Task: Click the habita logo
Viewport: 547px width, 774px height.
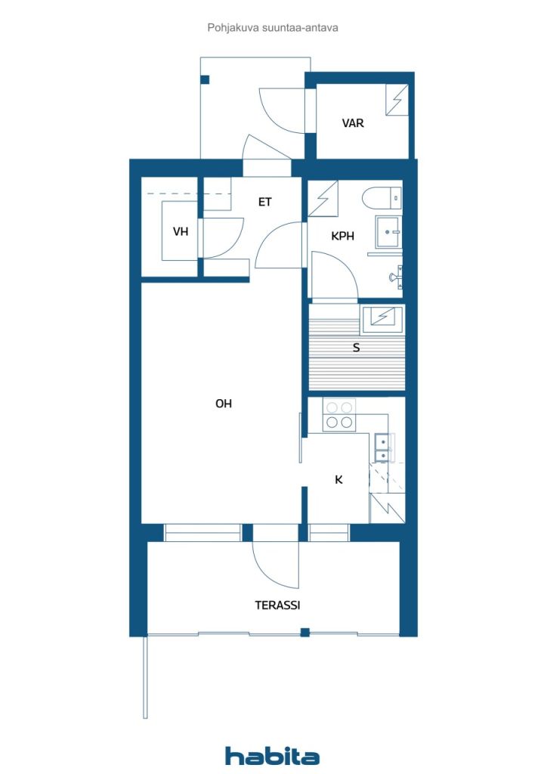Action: tap(272, 756)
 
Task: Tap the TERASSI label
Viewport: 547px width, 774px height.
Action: tap(277, 605)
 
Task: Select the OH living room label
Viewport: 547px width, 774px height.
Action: tap(224, 404)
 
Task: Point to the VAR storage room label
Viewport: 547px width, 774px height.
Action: tap(353, 123)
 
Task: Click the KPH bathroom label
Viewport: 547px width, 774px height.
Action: tap(343, 236)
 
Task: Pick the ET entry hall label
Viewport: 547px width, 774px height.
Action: tap(265, 202)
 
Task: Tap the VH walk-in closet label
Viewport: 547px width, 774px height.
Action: tap(181, 231)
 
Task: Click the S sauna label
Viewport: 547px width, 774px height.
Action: tap(356, 348)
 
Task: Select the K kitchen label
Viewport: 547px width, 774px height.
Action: tap(338, 479)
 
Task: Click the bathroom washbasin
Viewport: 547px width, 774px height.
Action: tap(388, 231)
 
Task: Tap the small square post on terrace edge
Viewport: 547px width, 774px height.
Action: tap(304, 633)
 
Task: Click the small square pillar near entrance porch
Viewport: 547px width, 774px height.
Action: tap(206, 79)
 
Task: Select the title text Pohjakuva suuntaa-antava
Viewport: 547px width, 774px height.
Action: tap(273, 28)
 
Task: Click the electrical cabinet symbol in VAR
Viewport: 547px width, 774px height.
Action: tap(397, 101)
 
